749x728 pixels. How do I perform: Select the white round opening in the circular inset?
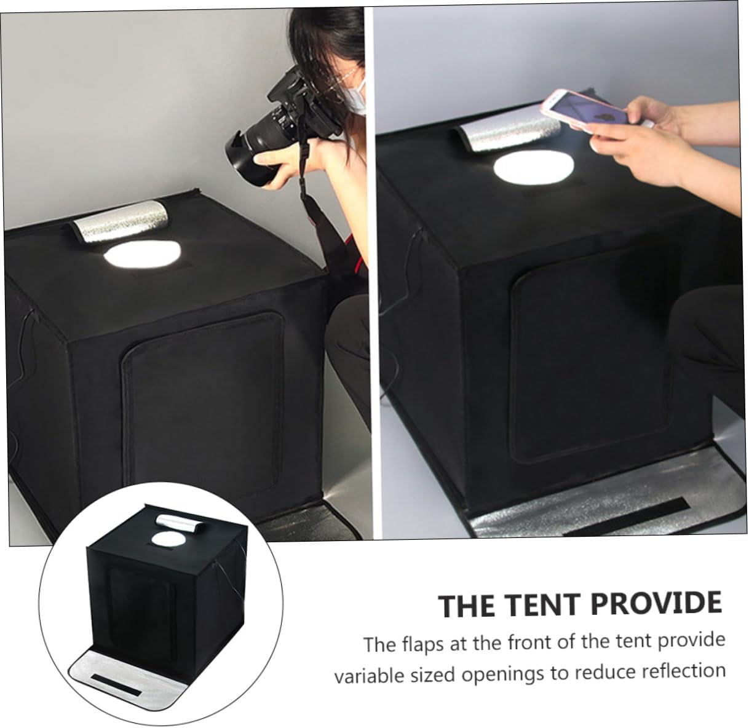[x=164, y=539]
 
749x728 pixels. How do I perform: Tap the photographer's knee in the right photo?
[x=707, y=320]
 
